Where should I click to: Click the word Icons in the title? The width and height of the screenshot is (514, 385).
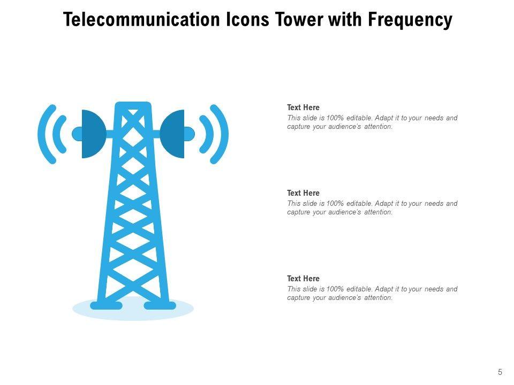click(248, 19)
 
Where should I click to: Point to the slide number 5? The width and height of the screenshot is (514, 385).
click(500, 372)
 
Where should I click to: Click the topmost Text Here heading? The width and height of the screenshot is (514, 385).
click(303, 107)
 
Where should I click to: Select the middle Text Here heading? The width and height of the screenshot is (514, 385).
click(303, 193)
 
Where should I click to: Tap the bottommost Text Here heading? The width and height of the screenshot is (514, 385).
click(303, 278)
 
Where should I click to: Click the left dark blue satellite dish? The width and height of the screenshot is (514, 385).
click(93, 134)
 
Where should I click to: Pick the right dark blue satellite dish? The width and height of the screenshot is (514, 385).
click(172, 134)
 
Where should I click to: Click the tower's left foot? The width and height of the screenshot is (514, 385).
click(106, 305)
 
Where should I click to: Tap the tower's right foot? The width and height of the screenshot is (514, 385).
click(160, 305)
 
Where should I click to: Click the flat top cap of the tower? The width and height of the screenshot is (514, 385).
click(133, 105)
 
